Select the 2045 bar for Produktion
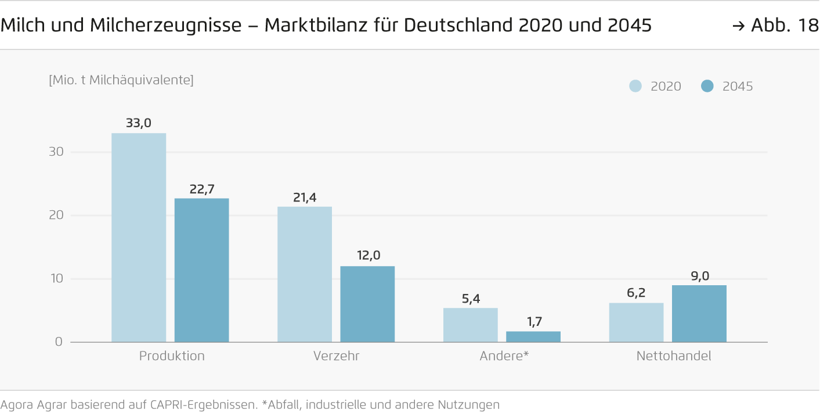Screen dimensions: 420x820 (201, 270)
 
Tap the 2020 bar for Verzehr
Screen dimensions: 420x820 (305, 274)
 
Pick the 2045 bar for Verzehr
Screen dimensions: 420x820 (367, 304)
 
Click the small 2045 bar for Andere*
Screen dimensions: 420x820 (533, 337)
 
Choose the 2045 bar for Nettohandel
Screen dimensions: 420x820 (699, 313)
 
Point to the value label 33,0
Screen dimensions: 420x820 (139, 123)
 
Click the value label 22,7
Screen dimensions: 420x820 (201, 189)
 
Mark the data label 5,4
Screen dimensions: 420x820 (471, 299)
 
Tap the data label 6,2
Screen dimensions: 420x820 (636, 293)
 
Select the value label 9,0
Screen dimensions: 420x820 (700, 276)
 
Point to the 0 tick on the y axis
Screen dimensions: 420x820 (59, 342)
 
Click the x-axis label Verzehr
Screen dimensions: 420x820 (336, 356)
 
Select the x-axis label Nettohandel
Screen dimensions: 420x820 (673, 356)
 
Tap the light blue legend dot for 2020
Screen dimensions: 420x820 (635, 87)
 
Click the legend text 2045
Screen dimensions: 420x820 (737, 87)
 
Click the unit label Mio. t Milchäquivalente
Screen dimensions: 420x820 (121, 80)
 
